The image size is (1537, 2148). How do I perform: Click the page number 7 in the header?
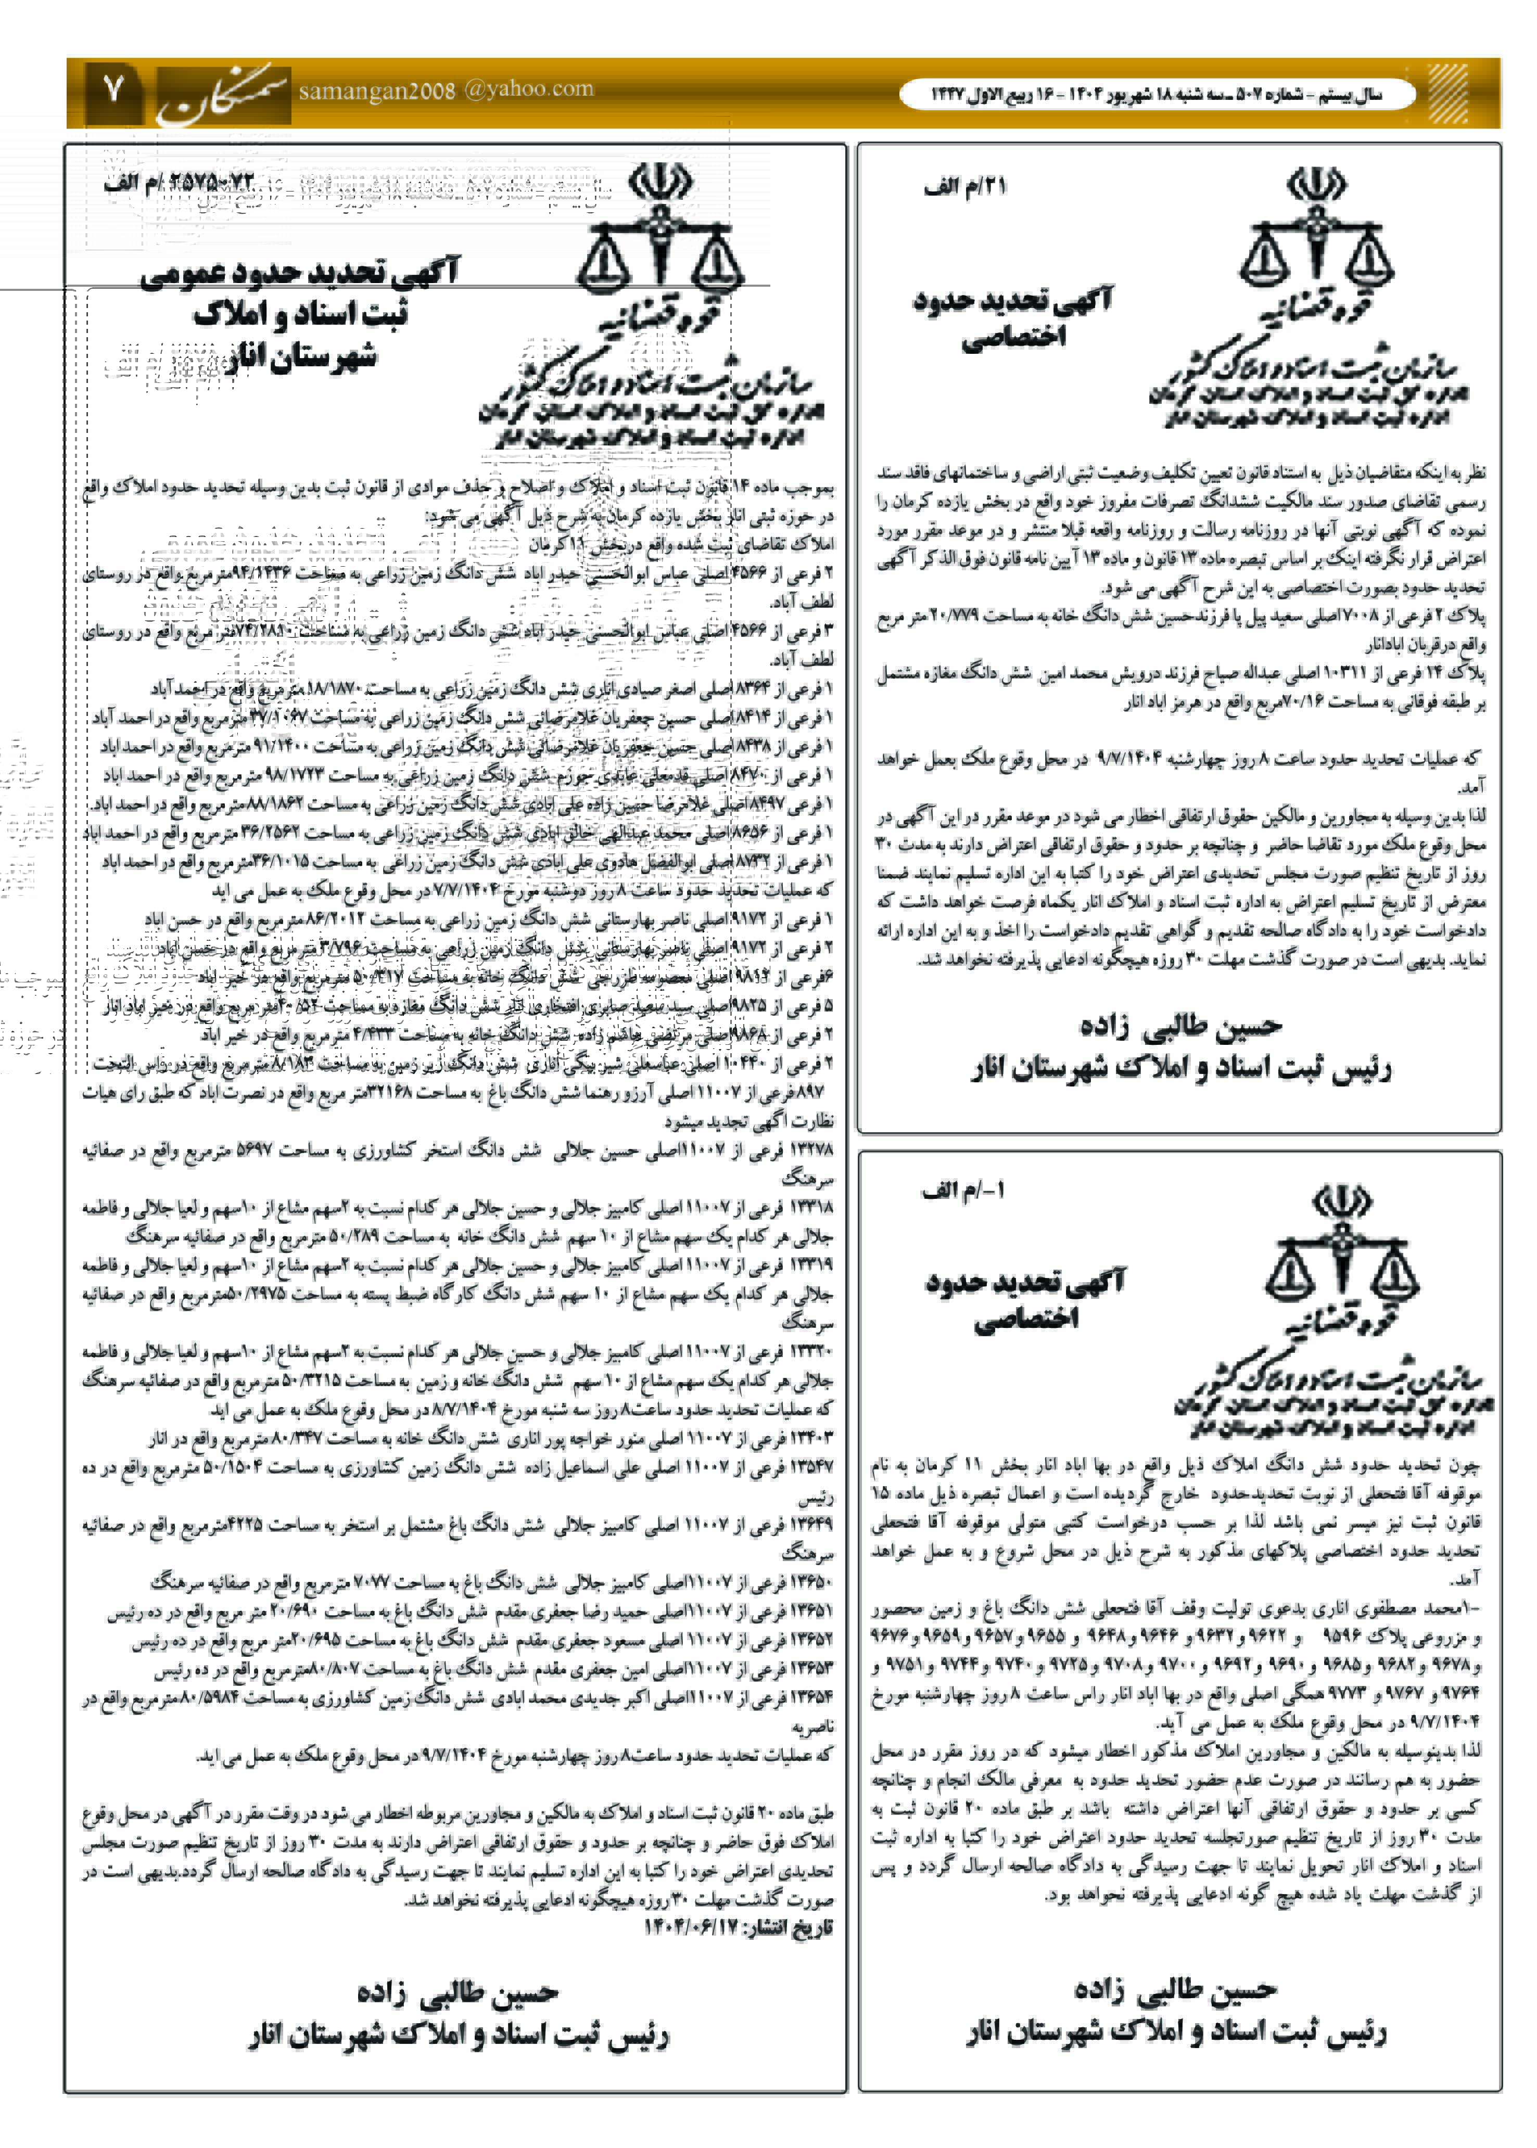pyautogui.click(x=113, y=91)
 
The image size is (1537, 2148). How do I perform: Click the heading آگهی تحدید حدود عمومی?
pyautogui.click(x=299, y=274)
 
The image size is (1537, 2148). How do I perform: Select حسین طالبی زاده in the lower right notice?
pyautogui.click(x=1175, y=1989)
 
